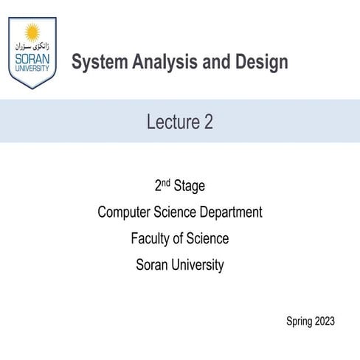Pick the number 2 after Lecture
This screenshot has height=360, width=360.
pos(209,122)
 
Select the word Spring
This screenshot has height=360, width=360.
pos(299,322)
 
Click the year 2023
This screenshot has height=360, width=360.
pos(325,321)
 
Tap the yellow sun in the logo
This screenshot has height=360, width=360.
pos(32,32)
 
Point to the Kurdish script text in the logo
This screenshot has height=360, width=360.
pos(32,46)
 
